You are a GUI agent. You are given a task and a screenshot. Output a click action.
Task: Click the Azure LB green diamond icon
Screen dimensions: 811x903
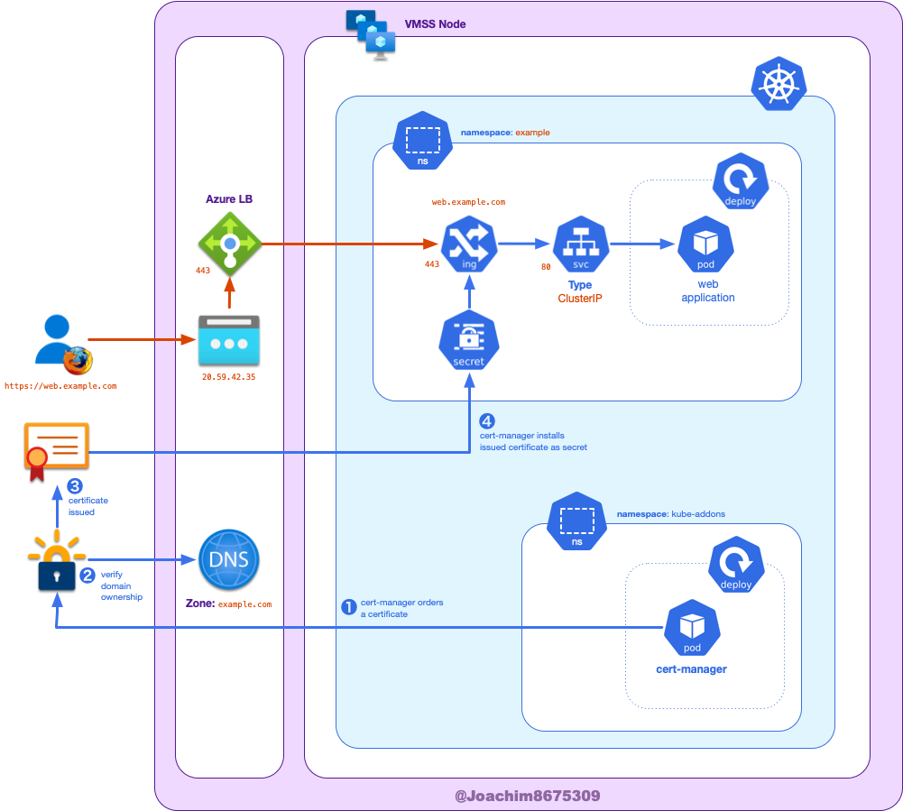[x=229, y=244]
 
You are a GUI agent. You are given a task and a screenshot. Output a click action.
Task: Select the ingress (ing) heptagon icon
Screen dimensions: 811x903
[x=468, y=244]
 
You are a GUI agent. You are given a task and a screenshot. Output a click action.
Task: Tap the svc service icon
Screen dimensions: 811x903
[x=580, y=244]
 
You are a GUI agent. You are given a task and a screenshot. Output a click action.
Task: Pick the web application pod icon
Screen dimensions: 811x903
[x=705, y=244]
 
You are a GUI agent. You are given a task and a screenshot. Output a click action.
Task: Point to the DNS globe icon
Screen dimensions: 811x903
[x=228, y=559]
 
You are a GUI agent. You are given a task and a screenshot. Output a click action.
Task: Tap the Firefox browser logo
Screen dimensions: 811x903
[x=78, y=360]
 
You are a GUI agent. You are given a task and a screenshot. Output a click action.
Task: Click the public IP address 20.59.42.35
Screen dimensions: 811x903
[x=228, y=377]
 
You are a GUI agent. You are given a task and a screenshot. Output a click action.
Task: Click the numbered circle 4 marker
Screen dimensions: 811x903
[x=487, y=421]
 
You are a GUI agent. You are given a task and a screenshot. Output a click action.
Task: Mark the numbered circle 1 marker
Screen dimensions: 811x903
[x=348, y=607]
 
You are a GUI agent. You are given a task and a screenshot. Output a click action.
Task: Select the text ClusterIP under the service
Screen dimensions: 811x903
[x=580, y=298]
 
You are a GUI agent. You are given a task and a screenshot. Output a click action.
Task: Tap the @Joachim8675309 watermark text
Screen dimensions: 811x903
[x=527, y=796]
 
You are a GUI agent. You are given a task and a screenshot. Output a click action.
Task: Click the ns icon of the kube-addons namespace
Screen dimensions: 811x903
[x=576, y=521]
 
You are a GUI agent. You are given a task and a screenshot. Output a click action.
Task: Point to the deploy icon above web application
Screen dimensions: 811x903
[x=740, y=180]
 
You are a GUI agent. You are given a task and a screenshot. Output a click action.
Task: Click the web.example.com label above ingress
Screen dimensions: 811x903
[x=468, y=202]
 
